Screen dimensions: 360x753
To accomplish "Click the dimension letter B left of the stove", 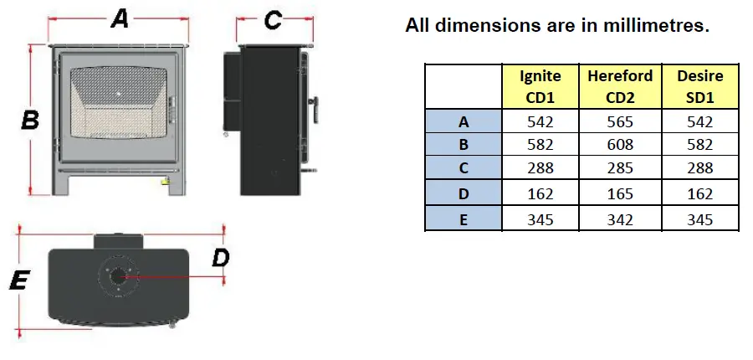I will (30, 121).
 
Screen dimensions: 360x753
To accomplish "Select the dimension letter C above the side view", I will (273, 20).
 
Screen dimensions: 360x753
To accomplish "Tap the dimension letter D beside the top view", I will (220, 258).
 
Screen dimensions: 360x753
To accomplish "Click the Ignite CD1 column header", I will (540, 86).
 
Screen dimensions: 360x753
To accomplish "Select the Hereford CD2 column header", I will (619, 86).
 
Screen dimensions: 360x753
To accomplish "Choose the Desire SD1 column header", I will (700, 86).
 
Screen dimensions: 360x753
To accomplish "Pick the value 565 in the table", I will (619, 121).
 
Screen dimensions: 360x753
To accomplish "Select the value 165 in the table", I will (619, 195).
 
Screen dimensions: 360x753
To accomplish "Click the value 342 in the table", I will (619, 219).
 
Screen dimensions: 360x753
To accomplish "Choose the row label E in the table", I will (464, 219).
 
